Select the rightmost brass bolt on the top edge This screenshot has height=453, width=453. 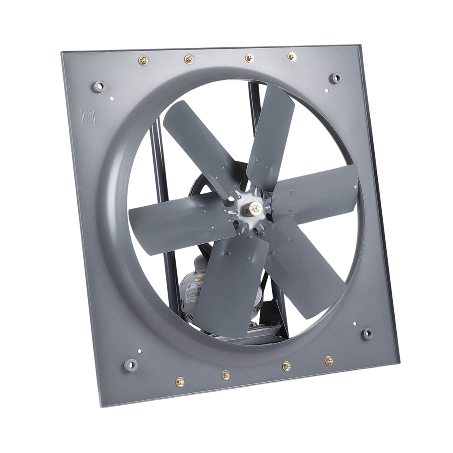tap(292, 56)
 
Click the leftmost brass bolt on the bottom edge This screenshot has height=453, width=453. tap(180, 381)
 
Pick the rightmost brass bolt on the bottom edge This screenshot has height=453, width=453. tap(329, 360)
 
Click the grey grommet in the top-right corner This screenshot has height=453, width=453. tap(337, 78)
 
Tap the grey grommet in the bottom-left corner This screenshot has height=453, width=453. tap(131, 364)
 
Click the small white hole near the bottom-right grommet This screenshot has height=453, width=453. tap(355, 322)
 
